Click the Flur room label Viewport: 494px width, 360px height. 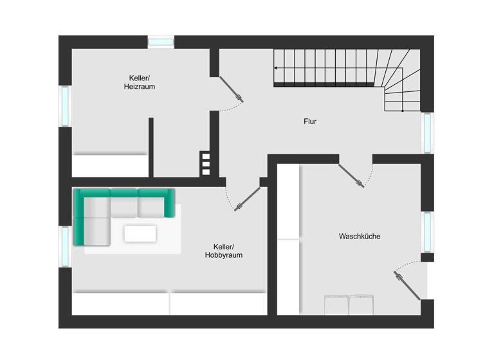[310, 121]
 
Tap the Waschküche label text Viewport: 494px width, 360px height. [360, 237]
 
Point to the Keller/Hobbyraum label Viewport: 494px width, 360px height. [224, 251]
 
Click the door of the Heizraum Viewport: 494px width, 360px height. [232, 89]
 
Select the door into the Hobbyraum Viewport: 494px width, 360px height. [248, 199]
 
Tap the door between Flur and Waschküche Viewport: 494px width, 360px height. [351, 175]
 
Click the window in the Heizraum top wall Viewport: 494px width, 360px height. [161, 42]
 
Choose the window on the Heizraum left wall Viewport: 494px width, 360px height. [65, 106]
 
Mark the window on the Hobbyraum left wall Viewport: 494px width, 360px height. [65, 246]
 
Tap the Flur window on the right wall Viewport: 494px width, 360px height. [427, 133]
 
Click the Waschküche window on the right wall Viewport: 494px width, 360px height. [427, 231]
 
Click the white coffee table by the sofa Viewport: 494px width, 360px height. [140, 233]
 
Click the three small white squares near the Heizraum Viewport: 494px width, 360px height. [205, 163]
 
